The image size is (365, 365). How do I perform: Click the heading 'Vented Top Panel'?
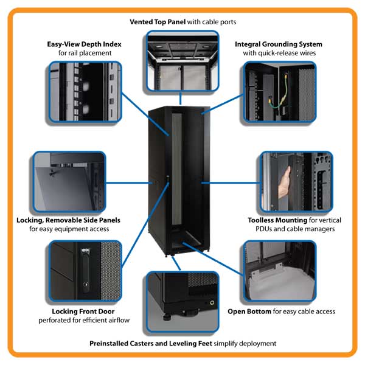coord(157,22)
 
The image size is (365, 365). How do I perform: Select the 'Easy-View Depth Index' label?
coord(84,44)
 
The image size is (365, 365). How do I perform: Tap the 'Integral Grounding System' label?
coord(279,44)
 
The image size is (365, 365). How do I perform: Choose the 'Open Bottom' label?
coord(249,311)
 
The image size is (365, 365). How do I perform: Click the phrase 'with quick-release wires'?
coord(279,54)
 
